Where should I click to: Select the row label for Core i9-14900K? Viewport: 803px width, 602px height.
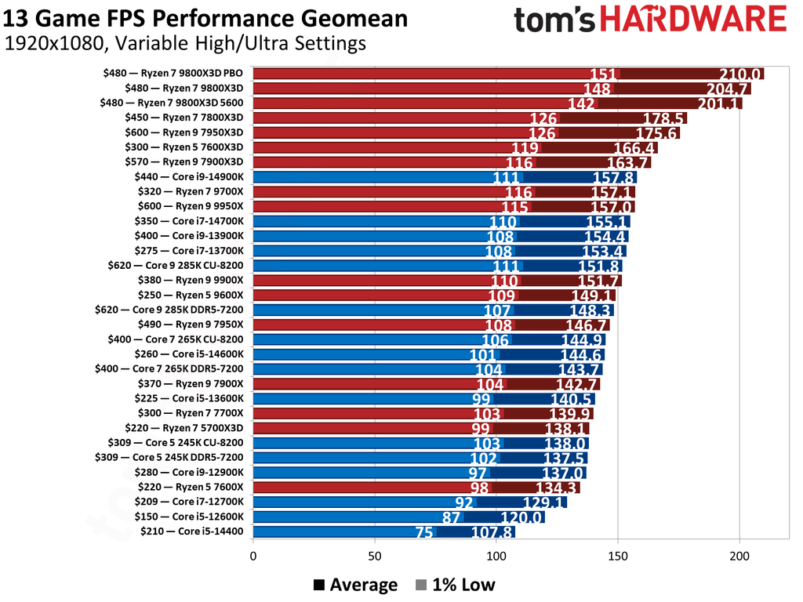pyautogui.click(x=189, y=177)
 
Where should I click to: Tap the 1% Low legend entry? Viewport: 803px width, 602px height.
pyautogui.click(x=455, y=585)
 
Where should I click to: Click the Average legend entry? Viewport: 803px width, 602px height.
pyautogui.click(x=355, y=585)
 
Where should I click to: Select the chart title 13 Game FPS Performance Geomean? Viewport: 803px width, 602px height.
pyautogui.click(x=206, y=18)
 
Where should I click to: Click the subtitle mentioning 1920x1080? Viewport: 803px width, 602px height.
pyautogui.click(x=185, y=44)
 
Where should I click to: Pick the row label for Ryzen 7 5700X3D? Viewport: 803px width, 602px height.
pyautogui.click(x=194, y=428)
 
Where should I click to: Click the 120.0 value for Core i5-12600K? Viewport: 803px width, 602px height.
pyautogui.click(x=521, y=517)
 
